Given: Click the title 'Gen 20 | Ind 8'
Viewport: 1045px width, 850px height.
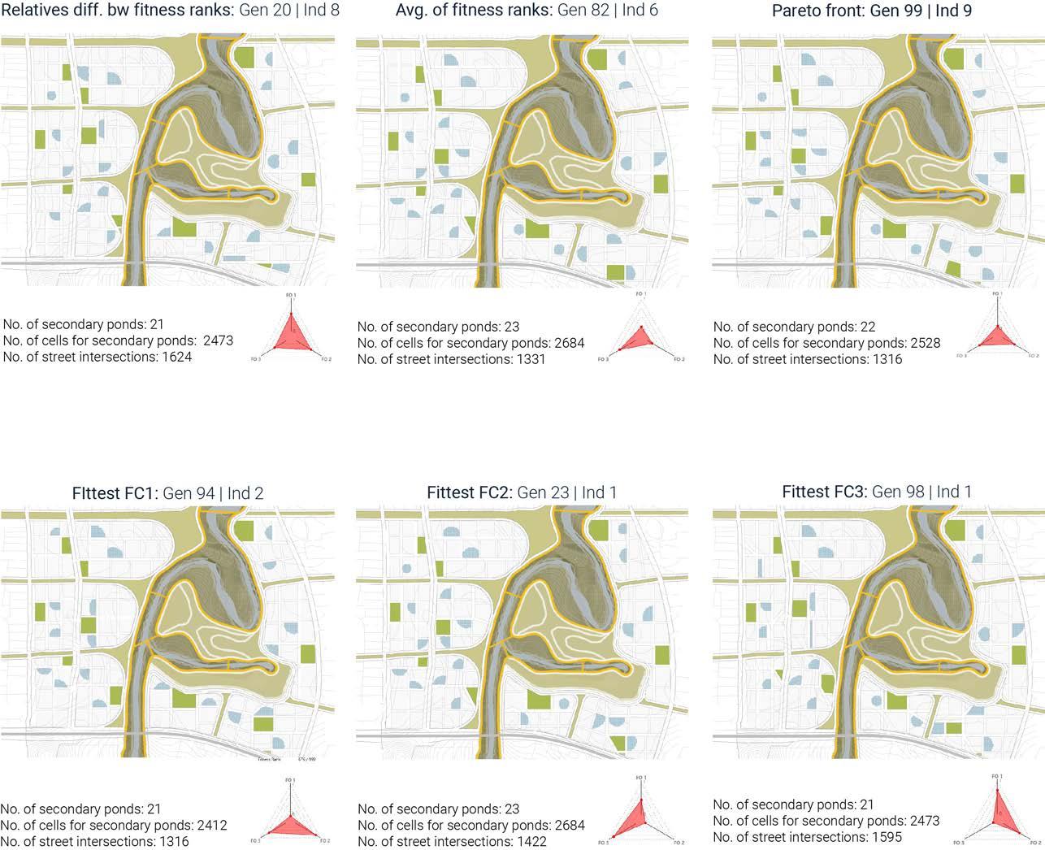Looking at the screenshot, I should click(289, 11).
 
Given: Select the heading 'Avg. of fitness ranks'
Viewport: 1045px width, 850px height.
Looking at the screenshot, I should click(472, 11).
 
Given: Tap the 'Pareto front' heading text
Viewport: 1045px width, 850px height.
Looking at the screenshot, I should click(817, 11).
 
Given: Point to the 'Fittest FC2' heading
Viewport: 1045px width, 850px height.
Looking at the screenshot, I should click(470, 492).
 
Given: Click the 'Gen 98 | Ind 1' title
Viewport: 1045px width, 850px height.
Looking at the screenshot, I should click(921, 492).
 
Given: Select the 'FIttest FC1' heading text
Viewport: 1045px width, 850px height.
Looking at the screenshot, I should click(115, 493).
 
